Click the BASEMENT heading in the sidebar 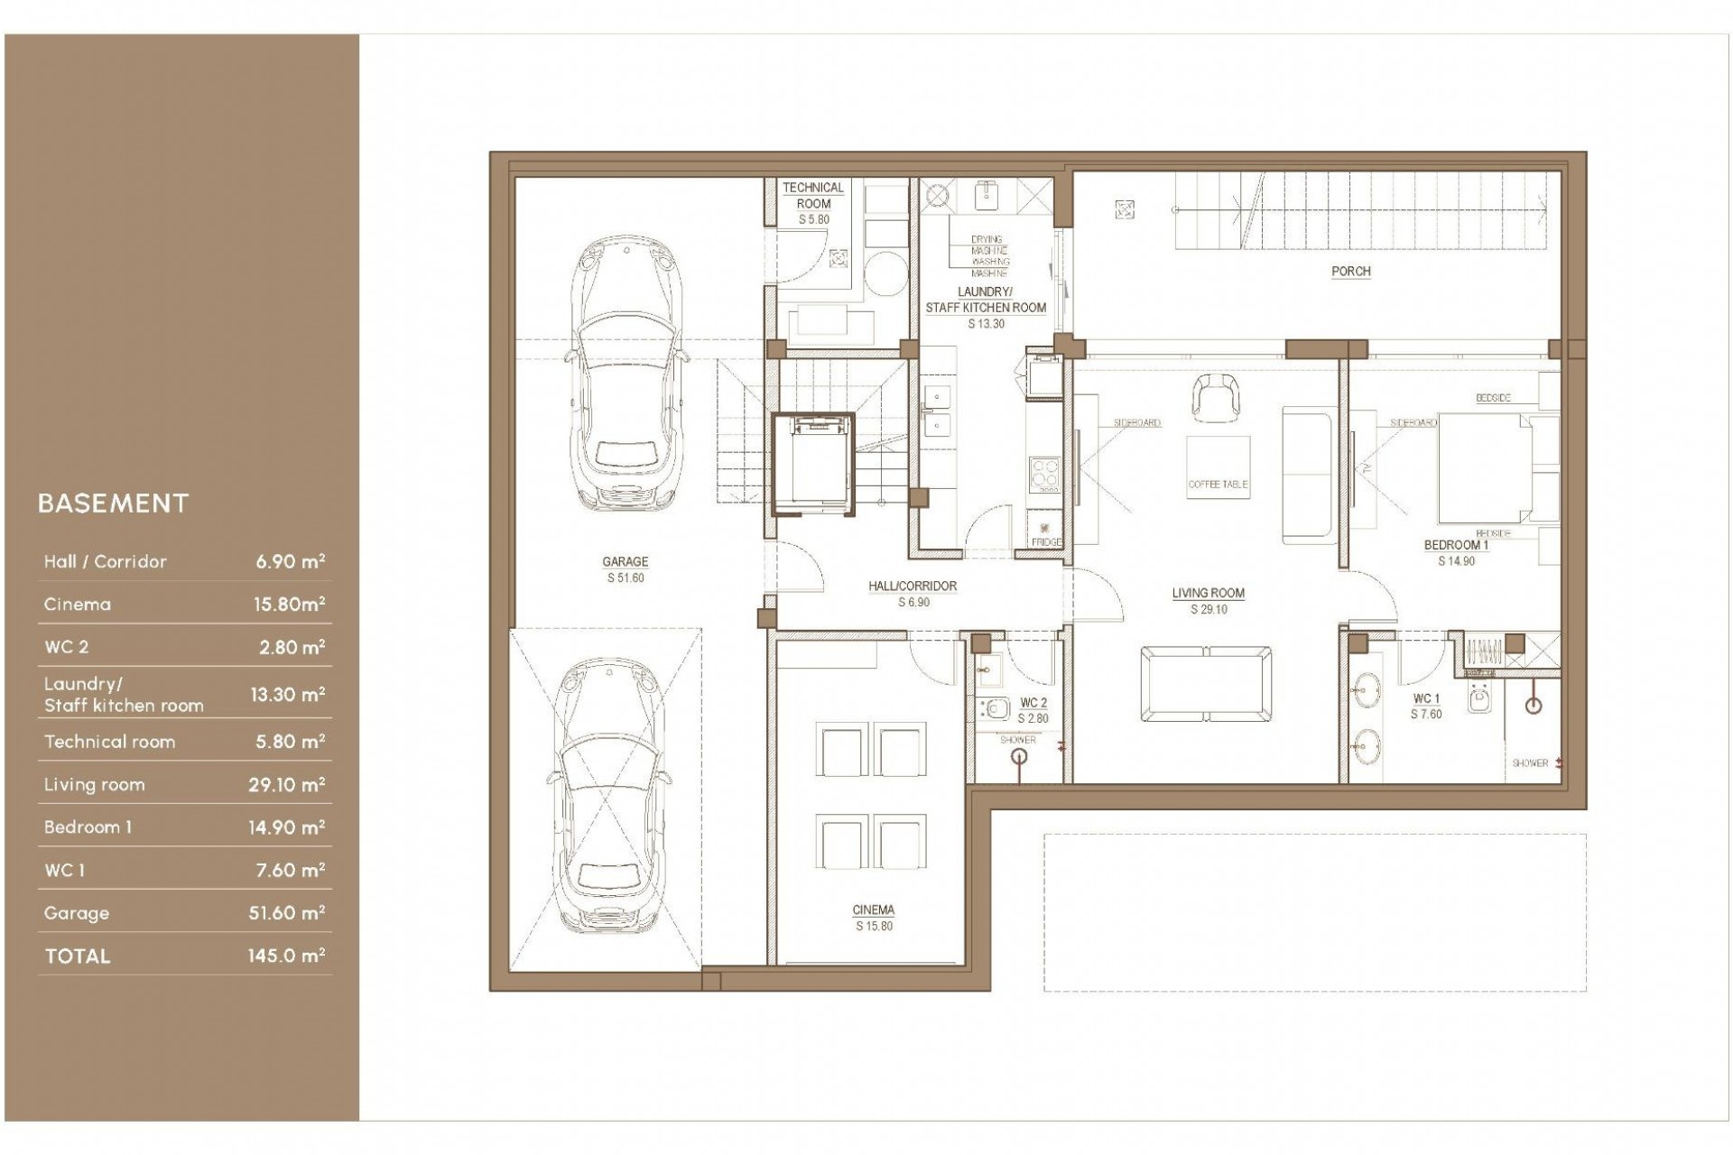(x=113, y=504)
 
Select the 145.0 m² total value (x=286, y=956)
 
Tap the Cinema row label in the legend (x=77, y=605)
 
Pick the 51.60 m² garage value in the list (x=286, y=913)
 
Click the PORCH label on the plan (x=1350, y=271)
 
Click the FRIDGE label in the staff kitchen (x=1046, y=541)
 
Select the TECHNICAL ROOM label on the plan (x=812, y=196)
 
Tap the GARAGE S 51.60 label (x=625, y=569)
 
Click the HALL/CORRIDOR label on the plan (x=913, y=587)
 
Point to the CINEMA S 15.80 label (x=873, y=918)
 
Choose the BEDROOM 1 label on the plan (x=1456, y=545)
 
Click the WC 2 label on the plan (x=1033, y=703)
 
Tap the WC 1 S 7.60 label (x=1426, y=706)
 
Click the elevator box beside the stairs (x=813, y=464)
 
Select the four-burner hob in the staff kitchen (x=1044, y=474)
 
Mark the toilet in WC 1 (x=1478, y=699)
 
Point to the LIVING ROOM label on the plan (x=1208, y=594)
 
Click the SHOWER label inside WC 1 (x=1530, y=763)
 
